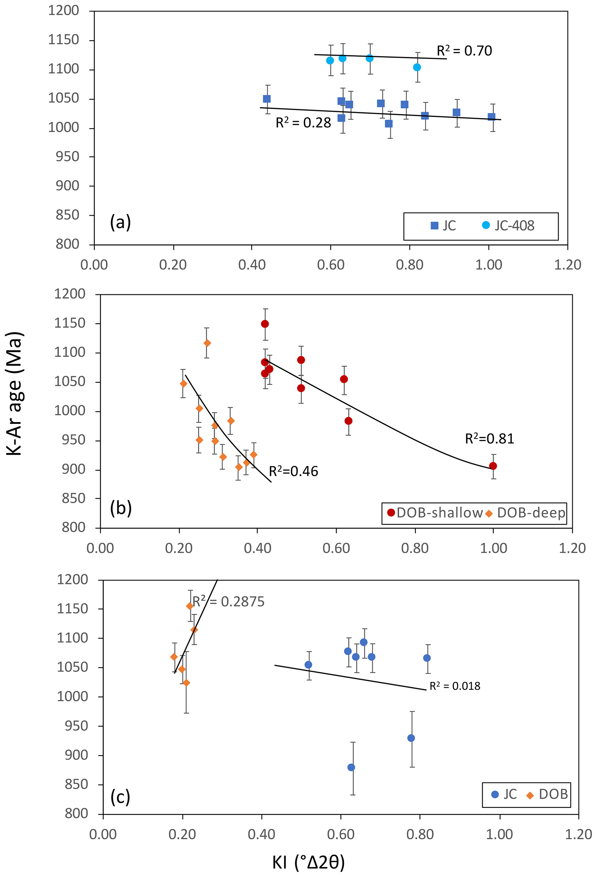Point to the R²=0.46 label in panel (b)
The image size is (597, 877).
293,471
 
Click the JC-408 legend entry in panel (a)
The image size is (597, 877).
508,226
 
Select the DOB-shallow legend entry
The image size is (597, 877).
434,513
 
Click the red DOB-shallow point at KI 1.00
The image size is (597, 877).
493,466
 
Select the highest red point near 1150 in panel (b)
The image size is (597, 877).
265,324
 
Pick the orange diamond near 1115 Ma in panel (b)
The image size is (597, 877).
207,343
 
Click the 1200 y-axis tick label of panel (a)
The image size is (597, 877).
64,11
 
